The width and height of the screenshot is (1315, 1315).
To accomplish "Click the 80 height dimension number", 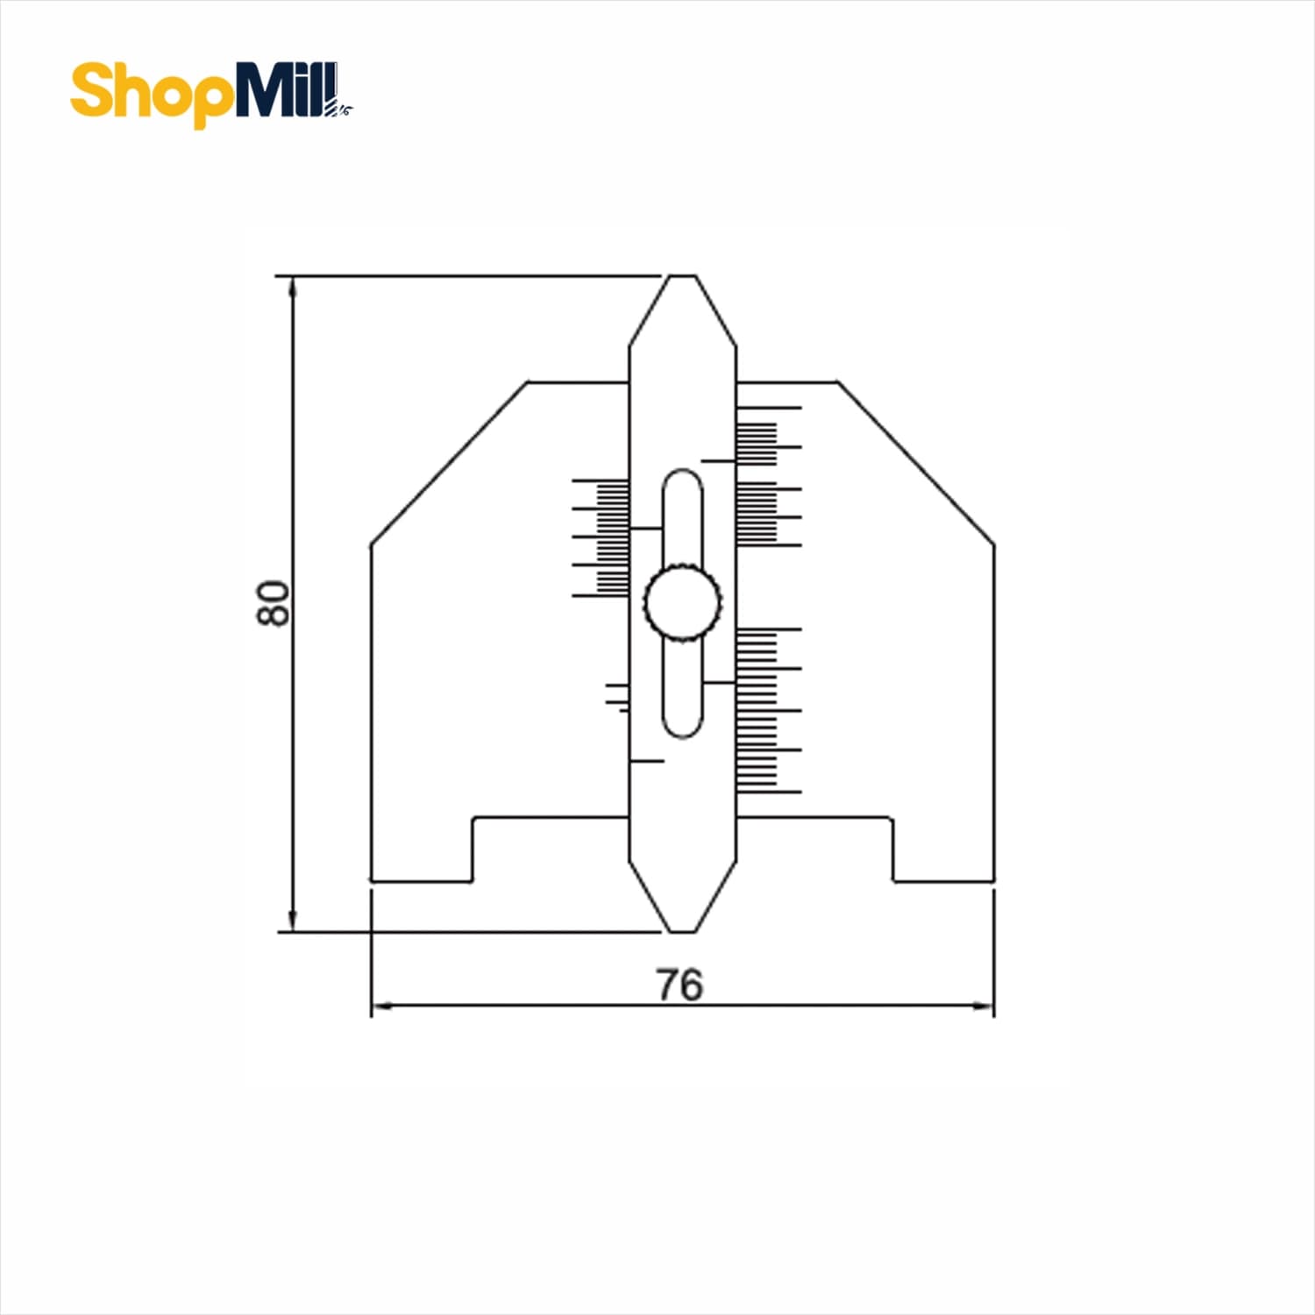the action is click(x=273, y=602).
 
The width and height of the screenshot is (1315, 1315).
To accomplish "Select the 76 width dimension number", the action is click(x=679, y=984).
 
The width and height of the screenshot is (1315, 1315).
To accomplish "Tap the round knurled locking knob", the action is click(x=683, y=602).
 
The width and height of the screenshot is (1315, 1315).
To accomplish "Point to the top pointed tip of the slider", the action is click(x=683, y=277).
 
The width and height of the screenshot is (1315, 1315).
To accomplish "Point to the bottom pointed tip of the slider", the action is click(x=683, y=930).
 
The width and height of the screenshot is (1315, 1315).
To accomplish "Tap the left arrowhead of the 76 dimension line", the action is click(x=385, y=1006).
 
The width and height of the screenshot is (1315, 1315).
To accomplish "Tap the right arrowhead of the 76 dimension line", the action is click(x=980, y=1006).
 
